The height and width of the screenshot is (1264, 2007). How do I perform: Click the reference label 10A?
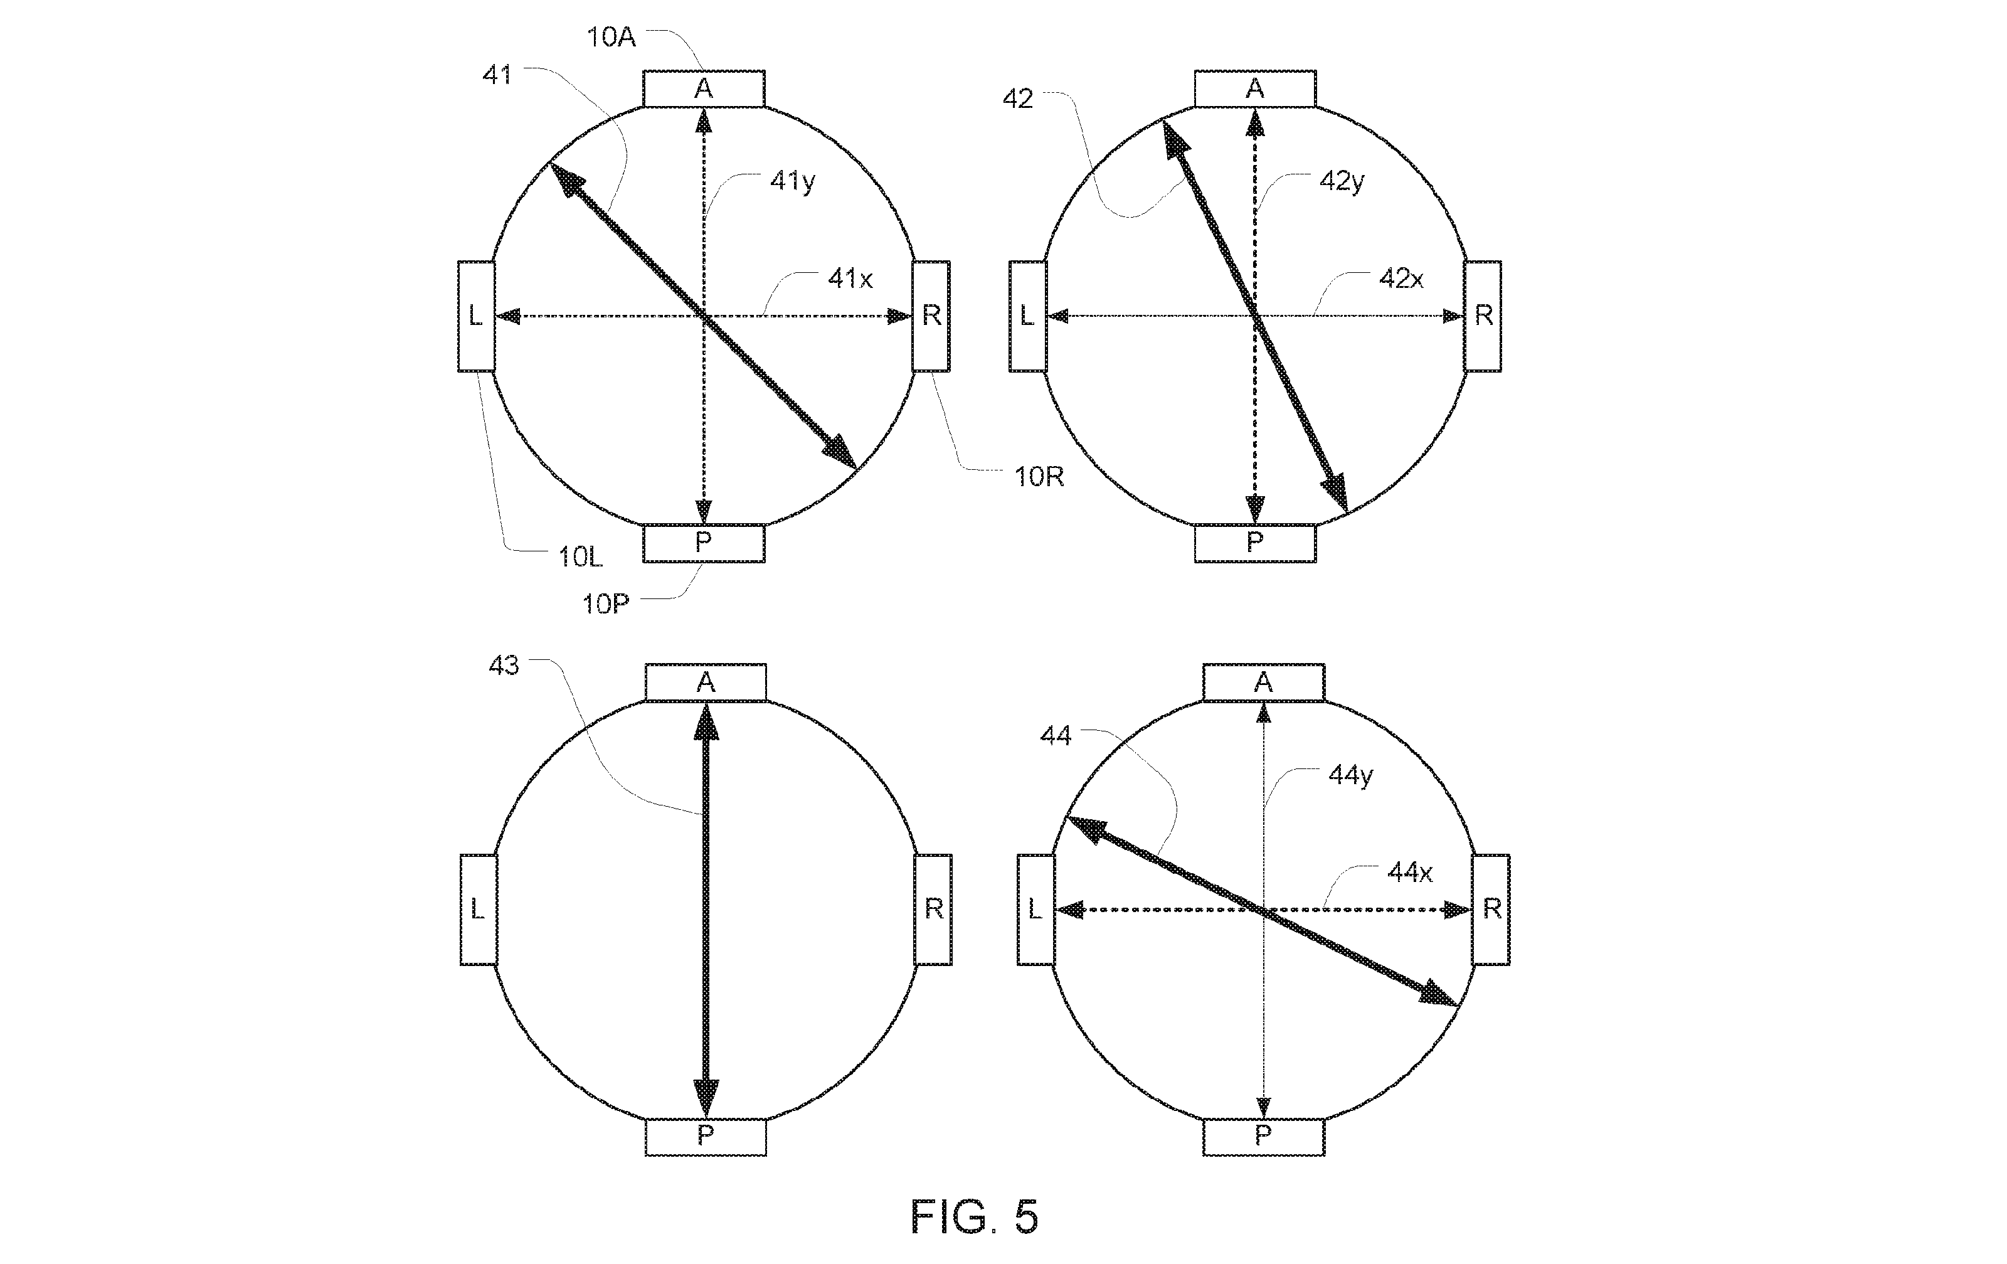pos(611,38)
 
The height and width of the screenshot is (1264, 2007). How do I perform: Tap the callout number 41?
pos(497,75)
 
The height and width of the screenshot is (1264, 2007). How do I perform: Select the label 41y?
pos(792,181)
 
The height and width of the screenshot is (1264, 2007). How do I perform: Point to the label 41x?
pos(849,279)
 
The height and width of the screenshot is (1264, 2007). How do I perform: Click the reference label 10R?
pos(1039,477)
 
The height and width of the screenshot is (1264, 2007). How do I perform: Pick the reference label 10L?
pos(580,557)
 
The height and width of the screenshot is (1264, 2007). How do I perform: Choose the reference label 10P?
pos(606,603)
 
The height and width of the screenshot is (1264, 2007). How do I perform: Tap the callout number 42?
pos(1018,99)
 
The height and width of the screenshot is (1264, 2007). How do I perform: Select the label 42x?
pos(1401,279)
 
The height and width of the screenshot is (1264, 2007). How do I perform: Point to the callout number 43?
pos(504,666)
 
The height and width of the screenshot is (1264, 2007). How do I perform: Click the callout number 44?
pos(1056,735)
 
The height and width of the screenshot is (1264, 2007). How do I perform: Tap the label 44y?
pos(1350,775)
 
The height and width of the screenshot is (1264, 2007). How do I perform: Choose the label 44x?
pos(1409,872)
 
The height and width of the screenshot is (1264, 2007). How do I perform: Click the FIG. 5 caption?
pos(974,1218)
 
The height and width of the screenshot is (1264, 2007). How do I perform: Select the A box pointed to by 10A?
pos(704,89)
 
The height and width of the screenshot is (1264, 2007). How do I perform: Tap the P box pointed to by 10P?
pos(704,543)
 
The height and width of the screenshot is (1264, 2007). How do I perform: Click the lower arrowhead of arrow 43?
pos(706,1097)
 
